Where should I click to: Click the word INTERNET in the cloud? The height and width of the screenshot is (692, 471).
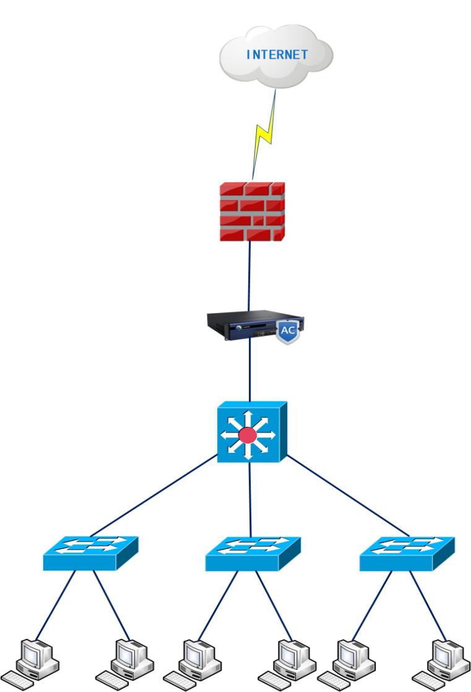click(x=277, y=54)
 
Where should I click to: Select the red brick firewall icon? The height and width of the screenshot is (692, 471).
click(x=252, y=211)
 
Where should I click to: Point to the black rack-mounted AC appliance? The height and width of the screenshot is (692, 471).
click(x=248, y=326)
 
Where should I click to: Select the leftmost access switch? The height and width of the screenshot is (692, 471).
click(x=90, y=553)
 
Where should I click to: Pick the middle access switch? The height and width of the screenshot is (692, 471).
click(x=253, y=553)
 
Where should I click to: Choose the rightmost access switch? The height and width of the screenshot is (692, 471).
click(x=407, y=553)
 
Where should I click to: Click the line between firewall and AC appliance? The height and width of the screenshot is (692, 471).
click(x=249, y=276)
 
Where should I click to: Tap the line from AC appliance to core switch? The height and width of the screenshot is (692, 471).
click(x=249, y=372)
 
